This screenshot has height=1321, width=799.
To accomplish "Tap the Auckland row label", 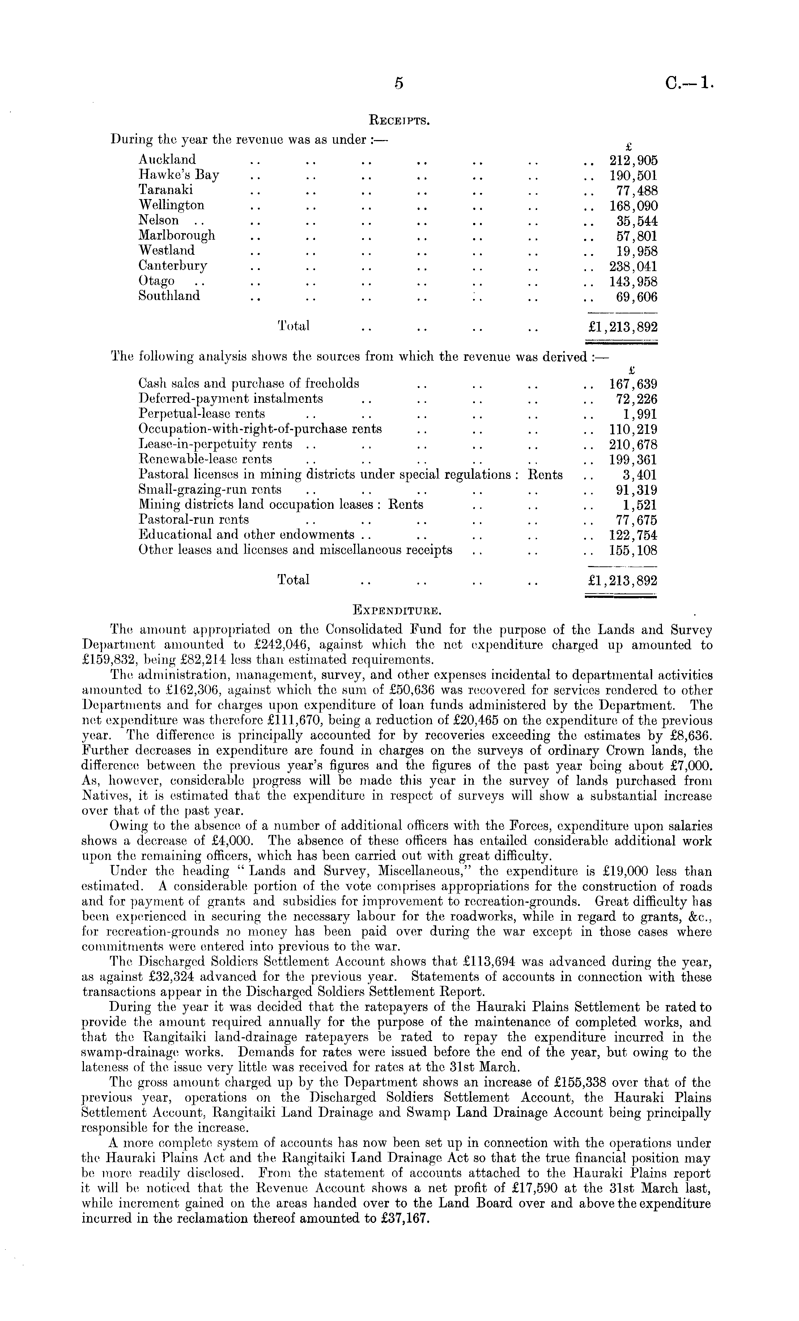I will pos(167,160).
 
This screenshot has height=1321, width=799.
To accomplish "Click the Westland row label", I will pos(167,250).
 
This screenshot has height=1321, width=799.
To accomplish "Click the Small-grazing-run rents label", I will pos(209,489).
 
